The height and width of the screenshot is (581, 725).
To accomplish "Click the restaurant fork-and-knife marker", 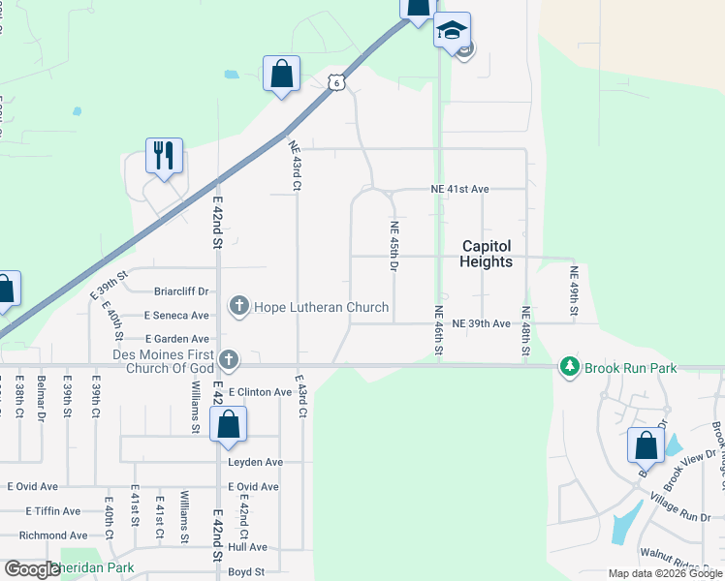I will pos(164,155).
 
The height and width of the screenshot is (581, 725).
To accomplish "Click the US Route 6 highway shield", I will pos(335,83).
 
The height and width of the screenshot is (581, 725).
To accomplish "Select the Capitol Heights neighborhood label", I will pos(487,254).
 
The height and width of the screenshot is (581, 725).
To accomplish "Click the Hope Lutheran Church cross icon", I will pos(239,307).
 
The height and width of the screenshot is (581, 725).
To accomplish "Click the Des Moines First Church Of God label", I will pos(163,360).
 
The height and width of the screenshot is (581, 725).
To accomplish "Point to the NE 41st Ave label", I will pos(459,189).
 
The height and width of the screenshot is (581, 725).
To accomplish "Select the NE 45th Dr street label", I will pos(394,247).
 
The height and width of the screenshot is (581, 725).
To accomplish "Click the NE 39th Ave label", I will pos(481,323).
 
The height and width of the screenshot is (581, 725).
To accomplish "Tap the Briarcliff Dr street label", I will pos(181,290).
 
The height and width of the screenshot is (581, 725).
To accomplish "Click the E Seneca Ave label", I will pos(176,315).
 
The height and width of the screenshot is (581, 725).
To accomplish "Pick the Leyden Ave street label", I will pos(255,462).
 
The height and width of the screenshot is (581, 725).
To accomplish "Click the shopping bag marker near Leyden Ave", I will pos(228,424).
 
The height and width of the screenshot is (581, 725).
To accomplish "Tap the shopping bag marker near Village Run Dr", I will pos(646,445).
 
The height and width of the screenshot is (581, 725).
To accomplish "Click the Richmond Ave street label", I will pos(53,535).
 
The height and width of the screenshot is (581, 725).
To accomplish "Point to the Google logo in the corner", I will pos(32,569).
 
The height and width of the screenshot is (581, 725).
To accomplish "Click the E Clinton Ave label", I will pos(258,392).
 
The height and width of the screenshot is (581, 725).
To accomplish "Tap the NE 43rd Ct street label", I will pos(295,167).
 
